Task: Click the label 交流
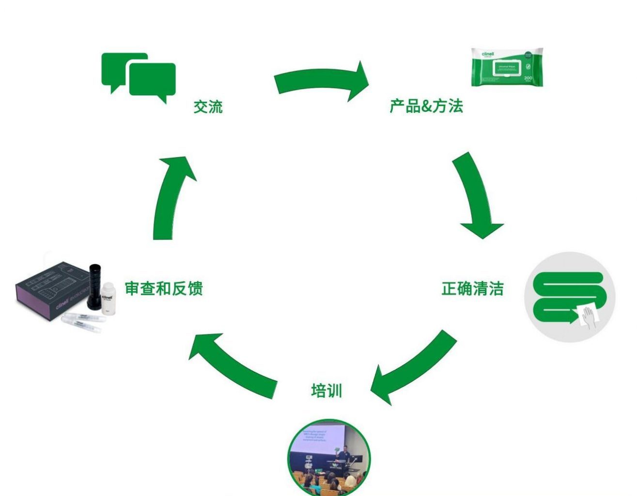point(208,106)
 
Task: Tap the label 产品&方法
point(426,106)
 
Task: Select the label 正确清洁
point(472,289)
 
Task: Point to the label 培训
point(326,391)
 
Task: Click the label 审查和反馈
point(164,288)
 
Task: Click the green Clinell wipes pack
point(507,67)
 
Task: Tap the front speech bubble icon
point(152,80)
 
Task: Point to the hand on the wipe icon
point(589,317)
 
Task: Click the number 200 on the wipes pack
point(528,77)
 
